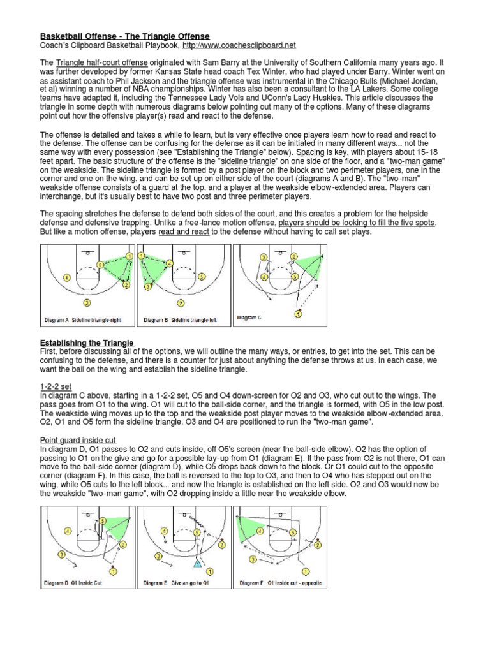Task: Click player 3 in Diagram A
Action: point(87,302)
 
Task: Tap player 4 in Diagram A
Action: point(66,277)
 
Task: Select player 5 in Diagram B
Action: point(201,277)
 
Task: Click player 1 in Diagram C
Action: point(298,314)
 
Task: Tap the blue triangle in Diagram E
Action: point(198,564)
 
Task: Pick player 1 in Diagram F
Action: point(306,571)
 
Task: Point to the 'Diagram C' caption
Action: point(249,317)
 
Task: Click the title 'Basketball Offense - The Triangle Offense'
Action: point(125,36)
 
